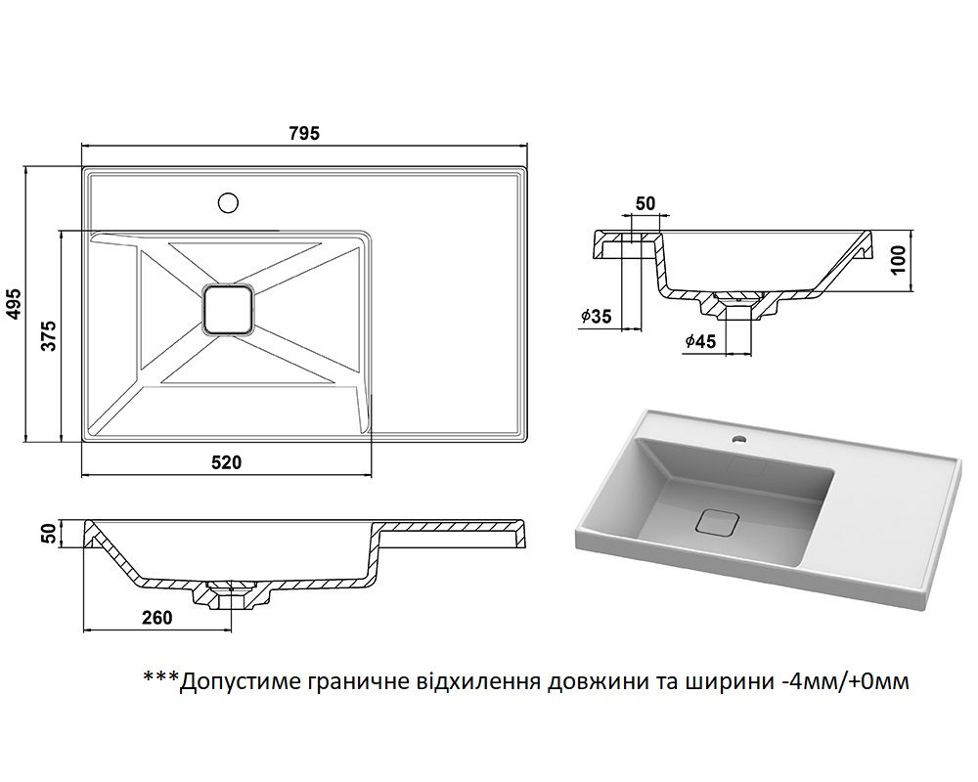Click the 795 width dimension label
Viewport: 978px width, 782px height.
tap(304, 134)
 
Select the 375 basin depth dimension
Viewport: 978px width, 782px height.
tap(50, 336)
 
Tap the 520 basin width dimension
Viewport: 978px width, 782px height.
tap(226, 462)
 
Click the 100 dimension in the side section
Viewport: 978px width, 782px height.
tap(900, 261)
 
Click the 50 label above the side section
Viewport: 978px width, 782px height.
tap(645, 203)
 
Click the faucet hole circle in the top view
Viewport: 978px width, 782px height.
tap(229, 203)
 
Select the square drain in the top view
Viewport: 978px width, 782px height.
tap(227, 310)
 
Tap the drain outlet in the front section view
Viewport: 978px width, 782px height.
tap(230, 594)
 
